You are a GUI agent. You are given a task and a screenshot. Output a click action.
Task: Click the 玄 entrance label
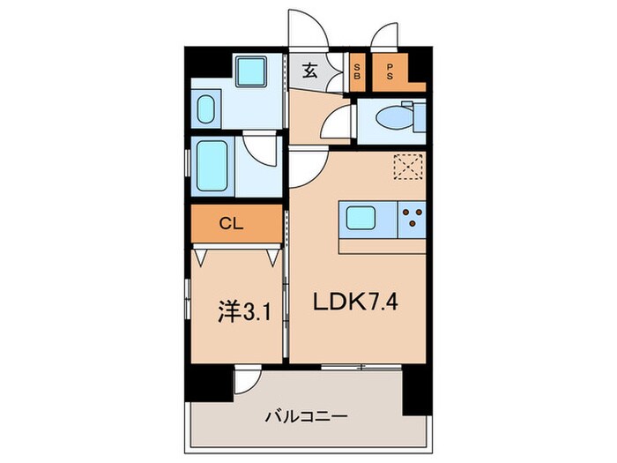pos(310,72)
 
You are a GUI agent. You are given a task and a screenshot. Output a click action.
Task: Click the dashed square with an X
pos(408,168)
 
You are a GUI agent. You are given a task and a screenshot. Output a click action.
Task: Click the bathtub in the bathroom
pos(213,165)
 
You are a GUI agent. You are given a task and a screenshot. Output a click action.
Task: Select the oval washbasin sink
pos(206,111)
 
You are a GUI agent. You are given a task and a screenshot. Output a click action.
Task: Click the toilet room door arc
pos(338,119)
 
